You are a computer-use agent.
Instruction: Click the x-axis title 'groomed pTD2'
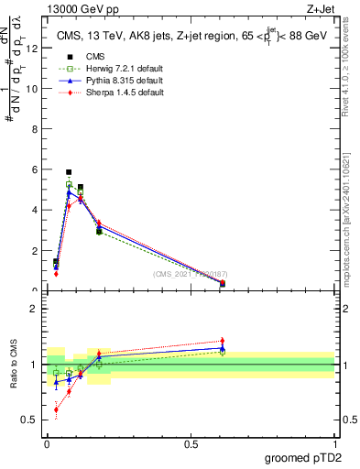click(x=302, y=457)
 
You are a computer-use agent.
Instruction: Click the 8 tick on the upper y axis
click(x=36, y=130)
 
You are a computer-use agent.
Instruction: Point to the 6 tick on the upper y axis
click(x=36, y=170)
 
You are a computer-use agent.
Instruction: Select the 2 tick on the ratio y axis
click(x=36, y=309)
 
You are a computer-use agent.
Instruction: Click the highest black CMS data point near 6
click(x=69, y=172)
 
